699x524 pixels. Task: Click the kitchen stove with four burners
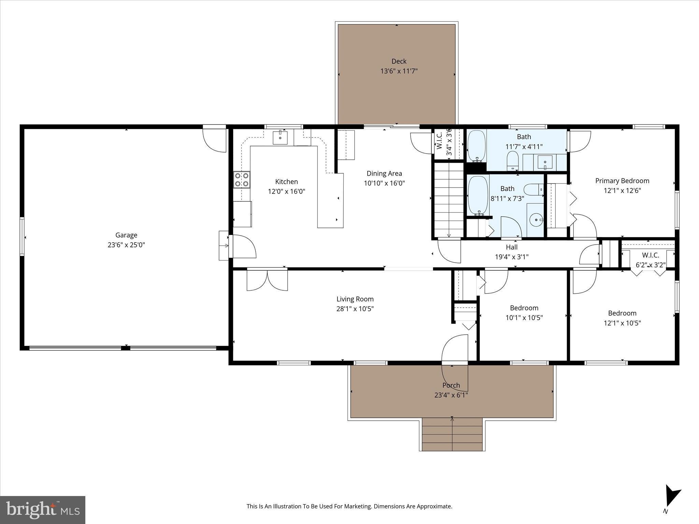click(241, 180)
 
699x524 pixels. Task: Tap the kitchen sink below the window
click(280, 138)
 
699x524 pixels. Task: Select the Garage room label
click(126, 235)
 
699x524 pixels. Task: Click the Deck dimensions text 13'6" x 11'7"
click(399, 71)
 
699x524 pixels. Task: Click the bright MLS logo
click(43, 510)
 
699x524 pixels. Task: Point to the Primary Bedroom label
click(622, 181)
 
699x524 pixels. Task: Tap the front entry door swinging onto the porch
click(455, 351)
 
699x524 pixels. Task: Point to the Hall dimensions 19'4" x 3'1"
click(512, 257)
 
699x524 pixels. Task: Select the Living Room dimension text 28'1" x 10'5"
click(355, 309)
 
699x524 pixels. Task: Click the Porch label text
click(451, 385)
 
